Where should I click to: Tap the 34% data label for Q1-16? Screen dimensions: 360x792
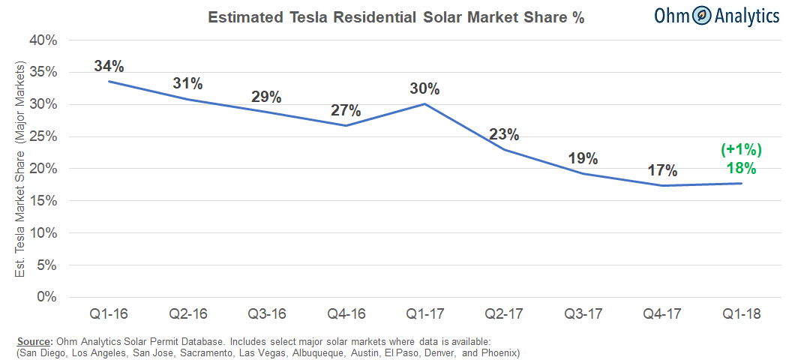109,65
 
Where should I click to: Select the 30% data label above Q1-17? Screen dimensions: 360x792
424,88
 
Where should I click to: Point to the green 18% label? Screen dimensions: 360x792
740,168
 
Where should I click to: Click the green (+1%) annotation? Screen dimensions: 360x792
740,151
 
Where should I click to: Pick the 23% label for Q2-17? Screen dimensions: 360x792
504,135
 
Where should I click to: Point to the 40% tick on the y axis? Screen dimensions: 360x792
43,40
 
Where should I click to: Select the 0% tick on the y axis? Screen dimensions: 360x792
48,297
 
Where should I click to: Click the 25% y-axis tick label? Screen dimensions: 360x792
43,136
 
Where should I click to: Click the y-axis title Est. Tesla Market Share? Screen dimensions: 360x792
20,169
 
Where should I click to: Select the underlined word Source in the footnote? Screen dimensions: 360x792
32,341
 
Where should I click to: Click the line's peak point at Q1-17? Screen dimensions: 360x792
424,103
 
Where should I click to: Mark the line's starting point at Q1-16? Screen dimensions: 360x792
109,81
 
